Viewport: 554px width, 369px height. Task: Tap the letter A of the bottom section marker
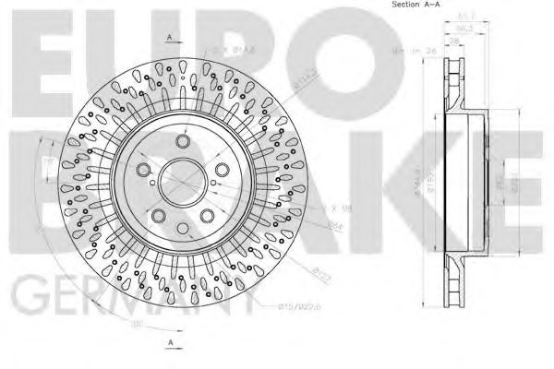click(172, 343)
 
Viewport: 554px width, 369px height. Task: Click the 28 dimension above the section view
click(455, 41)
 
